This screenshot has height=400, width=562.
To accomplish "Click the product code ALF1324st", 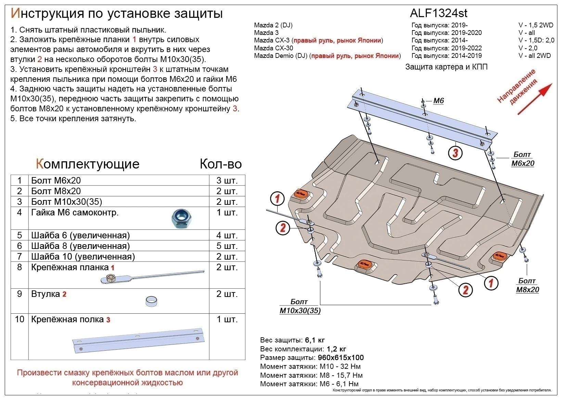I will click(438, 13).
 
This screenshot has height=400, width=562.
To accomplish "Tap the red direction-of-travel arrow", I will click(535, 99).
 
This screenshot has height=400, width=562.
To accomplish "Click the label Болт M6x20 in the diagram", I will click(522, 159).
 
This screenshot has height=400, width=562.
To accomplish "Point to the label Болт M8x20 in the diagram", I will click(527, 285).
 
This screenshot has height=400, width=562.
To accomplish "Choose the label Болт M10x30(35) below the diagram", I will click(300, 306).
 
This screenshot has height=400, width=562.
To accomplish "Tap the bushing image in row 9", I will click(151, 301).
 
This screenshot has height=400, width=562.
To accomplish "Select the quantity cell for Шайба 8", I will click(227, 246).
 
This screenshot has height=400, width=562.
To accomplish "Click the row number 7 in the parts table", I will click(20, 257).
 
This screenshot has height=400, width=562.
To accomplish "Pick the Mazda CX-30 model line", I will click(273, 48).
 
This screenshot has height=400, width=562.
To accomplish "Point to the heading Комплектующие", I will click(88, 164).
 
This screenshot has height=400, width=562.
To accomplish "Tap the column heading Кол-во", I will click(220, 164).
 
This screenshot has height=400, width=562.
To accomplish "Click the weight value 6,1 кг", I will click(315, 340).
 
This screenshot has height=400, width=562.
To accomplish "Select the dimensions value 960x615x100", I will click(341, 358).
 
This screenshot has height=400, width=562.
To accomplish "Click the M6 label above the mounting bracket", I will click(438, 101).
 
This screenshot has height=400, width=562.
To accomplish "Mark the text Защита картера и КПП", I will click(446, 67).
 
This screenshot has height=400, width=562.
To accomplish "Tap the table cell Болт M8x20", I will click(56, 191).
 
